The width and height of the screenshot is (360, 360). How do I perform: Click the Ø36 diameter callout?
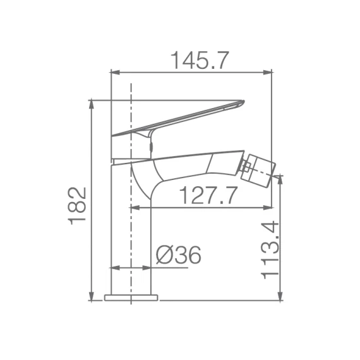tap(178, 255)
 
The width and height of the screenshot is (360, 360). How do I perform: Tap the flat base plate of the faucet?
tap(131, 297)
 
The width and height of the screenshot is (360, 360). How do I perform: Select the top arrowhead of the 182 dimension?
tap(92, 103)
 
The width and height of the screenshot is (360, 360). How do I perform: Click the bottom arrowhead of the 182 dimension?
tap(92, 297)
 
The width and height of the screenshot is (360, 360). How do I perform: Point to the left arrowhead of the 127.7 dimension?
tap(134, 207)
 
